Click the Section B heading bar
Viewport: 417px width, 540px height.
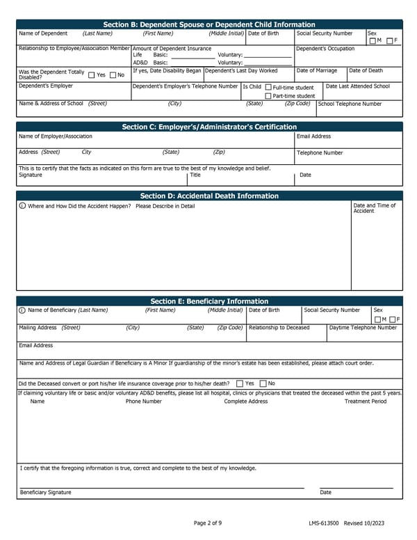coord(208,24)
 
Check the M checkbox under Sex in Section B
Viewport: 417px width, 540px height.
coord(373,41)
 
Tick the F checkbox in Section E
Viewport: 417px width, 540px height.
coord(393,319)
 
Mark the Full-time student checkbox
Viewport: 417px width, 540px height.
coord(269,88)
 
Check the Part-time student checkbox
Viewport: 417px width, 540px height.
coord(269,96)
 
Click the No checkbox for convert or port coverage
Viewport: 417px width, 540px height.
coord(263,383)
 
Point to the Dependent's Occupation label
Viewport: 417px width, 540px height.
coord(325,49)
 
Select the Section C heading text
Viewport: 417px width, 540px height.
coord(208,127)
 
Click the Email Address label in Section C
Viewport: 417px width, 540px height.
coord(313,136)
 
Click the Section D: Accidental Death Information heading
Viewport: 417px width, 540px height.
coord(208,196)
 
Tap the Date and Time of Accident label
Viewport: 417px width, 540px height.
coord(375,208)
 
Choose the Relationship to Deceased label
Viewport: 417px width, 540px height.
coord(279,327)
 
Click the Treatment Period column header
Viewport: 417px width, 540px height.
coord(366,402)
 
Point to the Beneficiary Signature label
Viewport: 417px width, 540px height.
coord(45,492)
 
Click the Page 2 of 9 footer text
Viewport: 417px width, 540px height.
coord(208,523)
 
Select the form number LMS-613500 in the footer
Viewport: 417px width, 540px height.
coord(324,523)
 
